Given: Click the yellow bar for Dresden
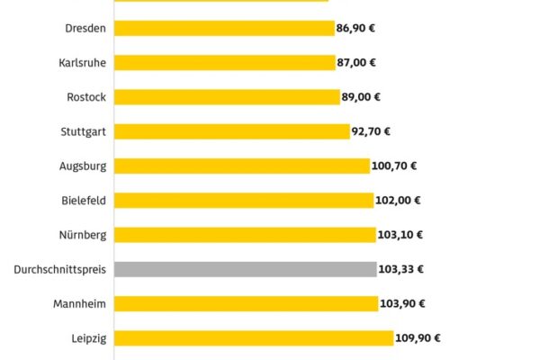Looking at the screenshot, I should (224, 28).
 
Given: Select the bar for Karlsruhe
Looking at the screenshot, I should (225, 62).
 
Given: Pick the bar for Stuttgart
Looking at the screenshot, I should (231, 131).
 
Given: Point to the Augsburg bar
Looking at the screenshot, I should (242, 166).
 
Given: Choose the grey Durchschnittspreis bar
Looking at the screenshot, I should (245, 269).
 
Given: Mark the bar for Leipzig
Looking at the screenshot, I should (254, 338).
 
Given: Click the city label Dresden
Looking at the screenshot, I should (85, 28).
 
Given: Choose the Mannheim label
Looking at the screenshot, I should (79, 304).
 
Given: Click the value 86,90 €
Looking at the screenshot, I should (357, 28).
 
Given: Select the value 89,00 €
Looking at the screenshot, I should (363, 97).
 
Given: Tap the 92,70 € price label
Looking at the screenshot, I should (372, 131).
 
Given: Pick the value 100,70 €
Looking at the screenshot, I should (395, 166).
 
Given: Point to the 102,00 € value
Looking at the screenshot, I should (399, 201).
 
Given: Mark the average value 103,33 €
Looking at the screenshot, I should (401, 269).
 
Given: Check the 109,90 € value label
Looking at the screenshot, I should (419, 338).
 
